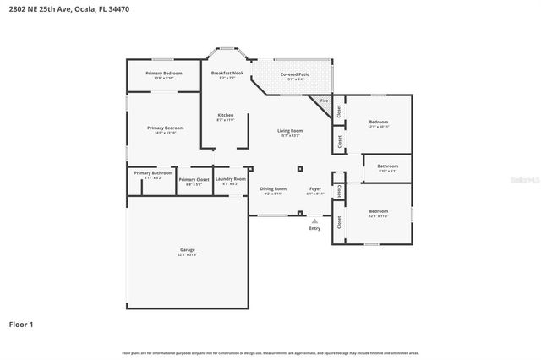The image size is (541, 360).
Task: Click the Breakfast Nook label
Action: coord(227,74)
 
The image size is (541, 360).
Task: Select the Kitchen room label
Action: coord(226,115)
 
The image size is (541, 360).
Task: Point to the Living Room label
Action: coord(290,131)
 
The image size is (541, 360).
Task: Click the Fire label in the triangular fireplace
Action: coord(323,101)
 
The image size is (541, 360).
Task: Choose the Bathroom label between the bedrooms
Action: coord(387,166)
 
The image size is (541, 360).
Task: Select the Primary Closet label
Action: coord(194,179)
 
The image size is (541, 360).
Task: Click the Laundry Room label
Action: coord(230,178)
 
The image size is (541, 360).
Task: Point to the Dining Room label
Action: coord(272,188)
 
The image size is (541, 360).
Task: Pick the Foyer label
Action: coord(314,188)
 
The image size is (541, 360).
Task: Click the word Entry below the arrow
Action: coord(314,228)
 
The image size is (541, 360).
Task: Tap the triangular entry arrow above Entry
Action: coord(314,220)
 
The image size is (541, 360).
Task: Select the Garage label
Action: coord(187,250)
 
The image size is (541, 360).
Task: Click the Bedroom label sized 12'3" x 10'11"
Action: coord(378,123)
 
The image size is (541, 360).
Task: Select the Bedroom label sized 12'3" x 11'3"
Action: coord(378,211)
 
